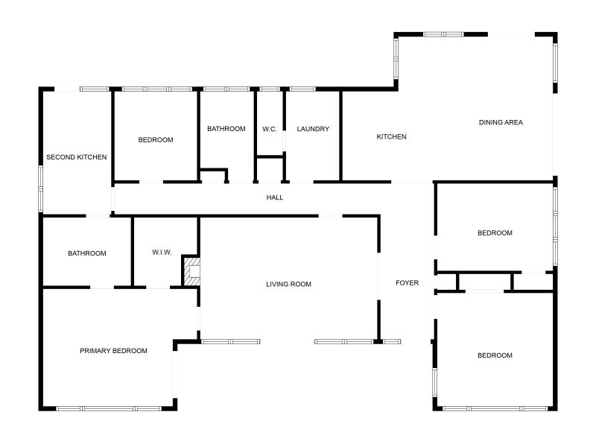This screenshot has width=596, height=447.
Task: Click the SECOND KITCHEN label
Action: click(x=77, y=157)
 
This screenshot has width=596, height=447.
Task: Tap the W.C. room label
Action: click(x=270, y=129)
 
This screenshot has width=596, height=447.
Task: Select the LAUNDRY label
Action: click(x=313, y=129)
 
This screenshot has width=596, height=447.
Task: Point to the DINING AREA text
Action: click(x=501, y=122)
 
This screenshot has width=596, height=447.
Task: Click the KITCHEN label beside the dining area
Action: click(x=391, y=136)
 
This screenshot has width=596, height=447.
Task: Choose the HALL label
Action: click(x=275, y=197)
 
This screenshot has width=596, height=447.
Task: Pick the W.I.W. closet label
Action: click(x=162, y=253)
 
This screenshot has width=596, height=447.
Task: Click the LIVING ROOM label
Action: click(x=289, y=284)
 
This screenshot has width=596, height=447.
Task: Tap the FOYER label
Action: click(x=407, y=283)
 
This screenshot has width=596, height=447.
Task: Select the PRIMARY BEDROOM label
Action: click(x=113, y=351)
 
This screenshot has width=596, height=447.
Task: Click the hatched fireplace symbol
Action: click(x=192, y=271)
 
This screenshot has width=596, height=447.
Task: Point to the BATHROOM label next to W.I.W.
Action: click(x=87, y=253)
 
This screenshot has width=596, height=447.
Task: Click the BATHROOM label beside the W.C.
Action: click(x=226, y=129)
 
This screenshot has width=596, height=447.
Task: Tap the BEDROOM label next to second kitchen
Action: click(x=156, y=140)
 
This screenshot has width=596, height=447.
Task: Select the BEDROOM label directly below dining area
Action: click(x=495, y=233)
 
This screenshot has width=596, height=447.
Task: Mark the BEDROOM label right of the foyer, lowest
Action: click(x=495, y=355)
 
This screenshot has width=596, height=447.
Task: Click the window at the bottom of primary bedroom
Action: click(x=109, y=408)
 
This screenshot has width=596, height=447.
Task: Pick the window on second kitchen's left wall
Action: click(x=41, y=188)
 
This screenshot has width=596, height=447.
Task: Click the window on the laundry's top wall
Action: click(x=302, y=89)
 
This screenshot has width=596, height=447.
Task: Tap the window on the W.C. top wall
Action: click(x=270, y=89)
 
